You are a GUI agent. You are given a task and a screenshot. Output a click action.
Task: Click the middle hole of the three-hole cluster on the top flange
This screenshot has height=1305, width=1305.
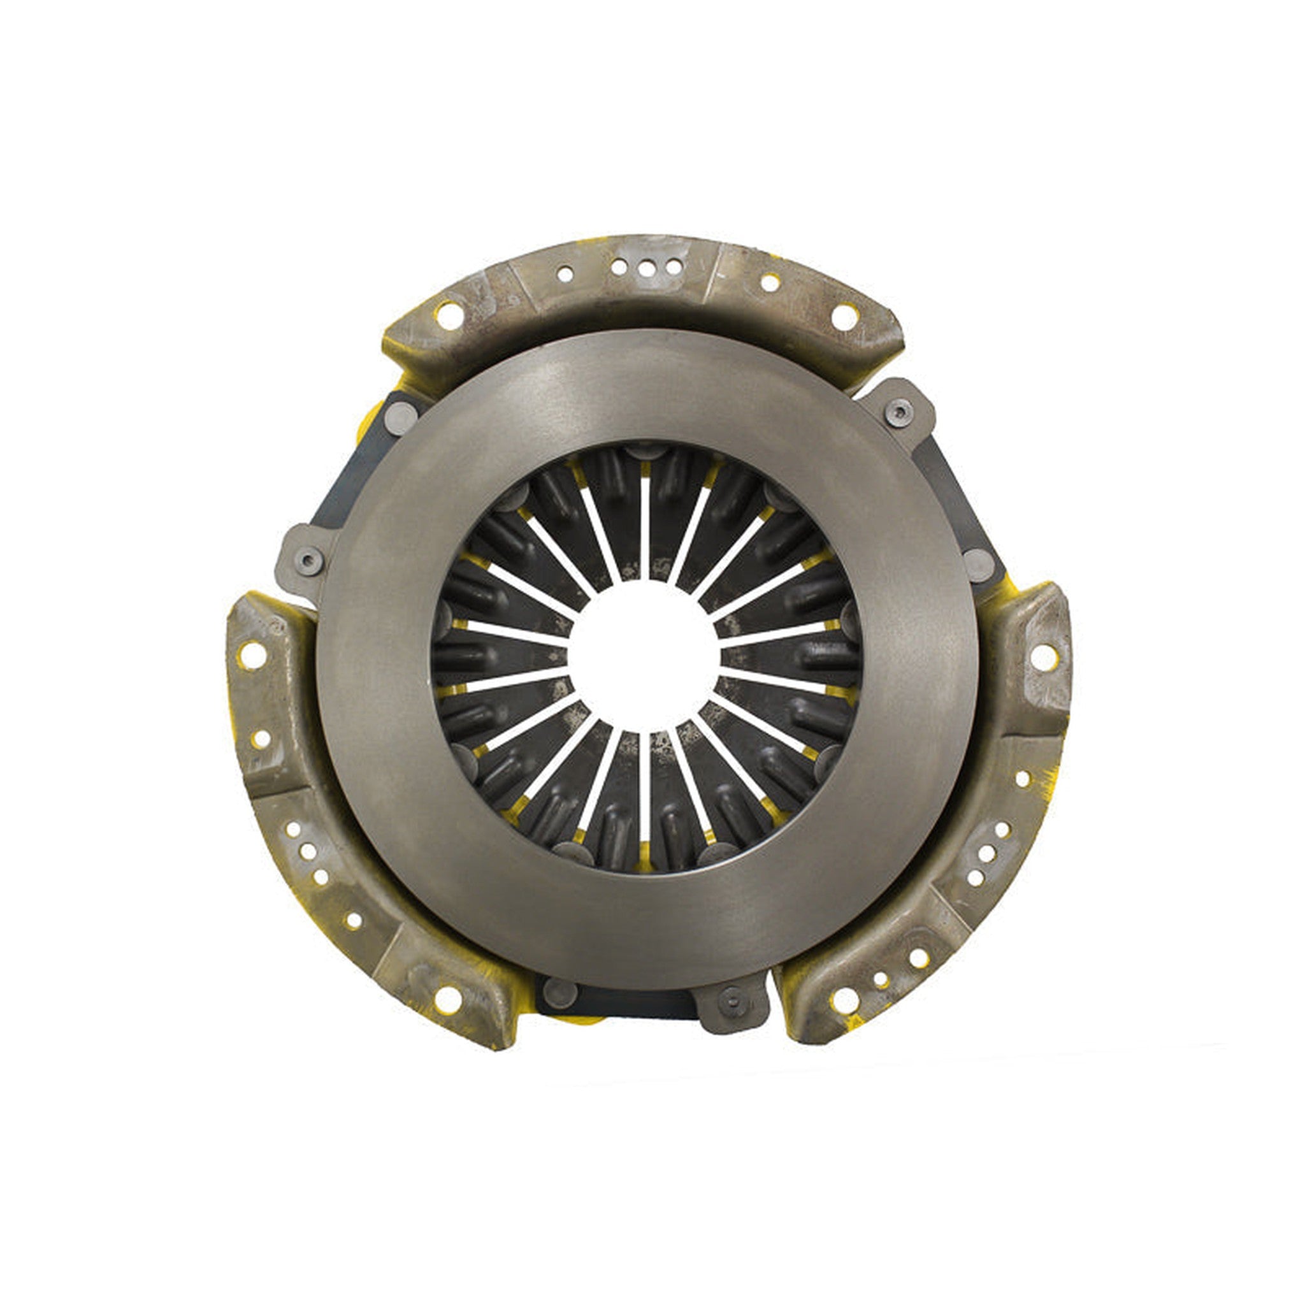(x=645, y=269)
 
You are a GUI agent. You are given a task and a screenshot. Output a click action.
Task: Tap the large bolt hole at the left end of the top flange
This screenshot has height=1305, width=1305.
(x=449, y=315)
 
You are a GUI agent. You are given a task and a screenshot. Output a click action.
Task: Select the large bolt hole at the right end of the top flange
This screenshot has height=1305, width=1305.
(x=844, y=317)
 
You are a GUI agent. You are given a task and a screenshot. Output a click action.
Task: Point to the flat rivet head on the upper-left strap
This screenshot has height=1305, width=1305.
(x=401, y=418)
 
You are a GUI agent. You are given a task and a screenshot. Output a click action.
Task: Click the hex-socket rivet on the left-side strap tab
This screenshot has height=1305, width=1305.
(x=308, y=561)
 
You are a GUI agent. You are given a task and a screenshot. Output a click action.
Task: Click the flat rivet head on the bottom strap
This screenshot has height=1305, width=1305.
(x=560, y=993)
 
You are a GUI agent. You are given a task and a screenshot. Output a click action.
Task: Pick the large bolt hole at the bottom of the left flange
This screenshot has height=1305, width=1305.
(x=448, y=999)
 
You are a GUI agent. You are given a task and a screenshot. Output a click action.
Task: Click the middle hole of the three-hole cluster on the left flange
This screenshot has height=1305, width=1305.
(x=308, y=852)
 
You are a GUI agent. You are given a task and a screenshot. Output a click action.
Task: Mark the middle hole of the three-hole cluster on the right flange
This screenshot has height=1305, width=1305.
(x=986, y=853)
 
